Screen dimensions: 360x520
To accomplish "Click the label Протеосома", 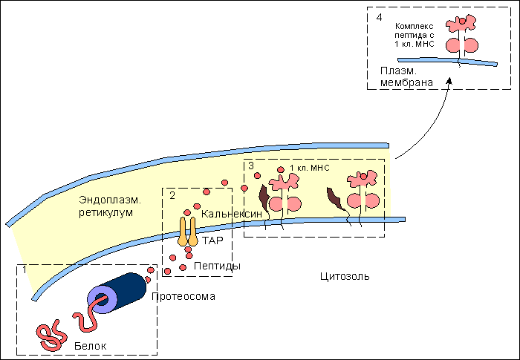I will [x=183, y=297].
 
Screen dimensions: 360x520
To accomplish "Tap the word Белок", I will [x=91, y=346].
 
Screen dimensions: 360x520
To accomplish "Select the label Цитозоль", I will [x=344, y=277].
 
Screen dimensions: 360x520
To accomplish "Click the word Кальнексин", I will [x=233, y=214].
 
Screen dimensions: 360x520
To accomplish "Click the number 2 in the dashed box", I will [x=172, y=196].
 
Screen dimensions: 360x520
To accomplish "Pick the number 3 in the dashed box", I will [x=251, y=166].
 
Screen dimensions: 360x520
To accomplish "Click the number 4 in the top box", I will [x=379, y=16].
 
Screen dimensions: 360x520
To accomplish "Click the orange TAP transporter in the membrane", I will [x=186, y=232].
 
